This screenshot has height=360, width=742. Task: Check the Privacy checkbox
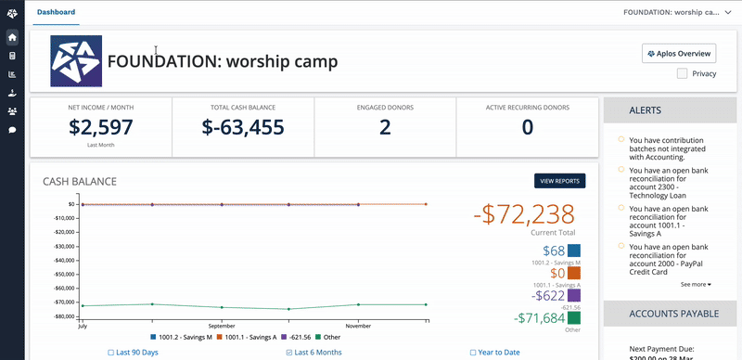coord(683,73)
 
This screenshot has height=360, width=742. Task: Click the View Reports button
coord(560,181)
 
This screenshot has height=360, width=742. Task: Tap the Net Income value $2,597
coord(101,127)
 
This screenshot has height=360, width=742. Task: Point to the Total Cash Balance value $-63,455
coord(243,127)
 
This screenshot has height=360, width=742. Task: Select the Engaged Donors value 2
coord(385,127)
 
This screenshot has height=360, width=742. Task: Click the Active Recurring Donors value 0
coord(527,127)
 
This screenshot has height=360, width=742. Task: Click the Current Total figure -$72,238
coord(524,214)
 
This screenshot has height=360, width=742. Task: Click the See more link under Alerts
coord(696,284)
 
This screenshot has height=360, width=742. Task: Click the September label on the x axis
coord(222,327)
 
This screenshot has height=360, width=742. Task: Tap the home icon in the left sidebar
coord(12,38)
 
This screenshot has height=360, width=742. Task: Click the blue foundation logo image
coord(77,62)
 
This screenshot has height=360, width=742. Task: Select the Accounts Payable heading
coord(673,314)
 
